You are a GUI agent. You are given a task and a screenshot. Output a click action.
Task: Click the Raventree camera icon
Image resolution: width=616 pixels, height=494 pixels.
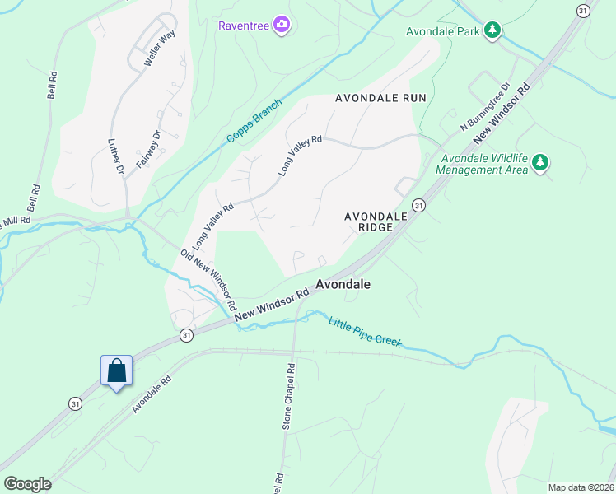point(282,25)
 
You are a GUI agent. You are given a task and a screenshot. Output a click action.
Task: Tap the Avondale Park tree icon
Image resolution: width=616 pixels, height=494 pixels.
point(492,30)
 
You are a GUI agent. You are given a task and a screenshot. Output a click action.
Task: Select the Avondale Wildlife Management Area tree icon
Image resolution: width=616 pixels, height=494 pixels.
point(540,162)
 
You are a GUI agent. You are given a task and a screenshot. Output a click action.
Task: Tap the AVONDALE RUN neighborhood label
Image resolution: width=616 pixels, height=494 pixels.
point(380,98)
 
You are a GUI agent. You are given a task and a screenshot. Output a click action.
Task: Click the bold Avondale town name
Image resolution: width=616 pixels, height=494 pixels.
point(343,284)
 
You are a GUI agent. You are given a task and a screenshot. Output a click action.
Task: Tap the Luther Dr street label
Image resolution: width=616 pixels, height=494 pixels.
point(115,156)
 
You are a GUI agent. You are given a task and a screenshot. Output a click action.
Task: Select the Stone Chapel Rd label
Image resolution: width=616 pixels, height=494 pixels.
point(289,396)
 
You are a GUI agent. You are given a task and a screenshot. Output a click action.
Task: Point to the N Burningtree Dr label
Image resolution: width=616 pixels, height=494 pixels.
point(486,105)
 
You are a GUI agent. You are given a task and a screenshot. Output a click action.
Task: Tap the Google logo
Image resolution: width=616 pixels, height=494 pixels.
point(27,484)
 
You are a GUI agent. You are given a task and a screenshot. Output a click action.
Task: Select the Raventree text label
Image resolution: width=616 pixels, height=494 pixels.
point(244,25)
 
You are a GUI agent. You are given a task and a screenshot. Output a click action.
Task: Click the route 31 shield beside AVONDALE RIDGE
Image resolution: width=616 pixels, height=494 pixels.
point(419,204)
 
